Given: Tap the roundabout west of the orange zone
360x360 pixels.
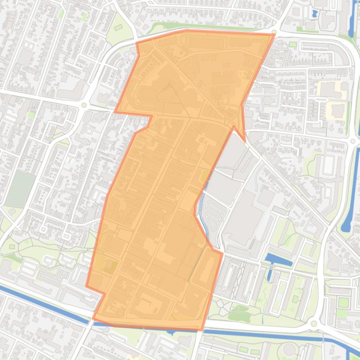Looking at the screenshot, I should pyautogui.click(x=84, y=105).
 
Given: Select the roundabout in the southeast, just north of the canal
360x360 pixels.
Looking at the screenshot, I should pyautogui.click(x=313, y=324).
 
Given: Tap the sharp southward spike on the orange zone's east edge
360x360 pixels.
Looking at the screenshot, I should pyautogui.click(x=244, y=141).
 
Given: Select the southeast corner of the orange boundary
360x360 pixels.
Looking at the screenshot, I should pyautogui.click(x=202, y=330).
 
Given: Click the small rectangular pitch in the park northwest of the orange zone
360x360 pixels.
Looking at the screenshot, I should pyautogui.click(x=118, y=27).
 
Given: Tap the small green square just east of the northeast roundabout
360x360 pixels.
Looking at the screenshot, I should pyautogui.click(x=293, y=44).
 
